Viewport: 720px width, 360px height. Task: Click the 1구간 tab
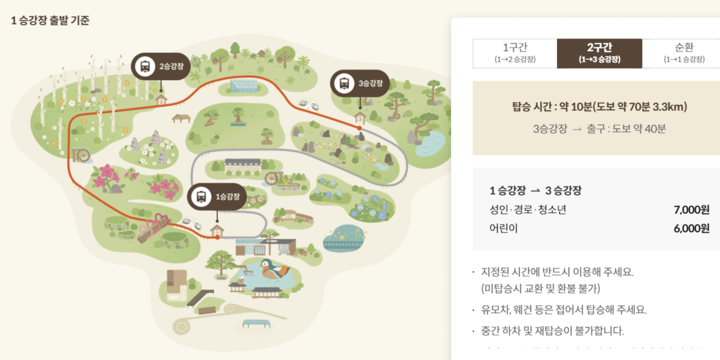pos(514,53)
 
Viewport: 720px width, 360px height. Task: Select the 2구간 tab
pos(599,53)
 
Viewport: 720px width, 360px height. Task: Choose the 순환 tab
pos(684,53)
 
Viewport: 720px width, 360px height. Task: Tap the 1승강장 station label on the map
pos(217,197)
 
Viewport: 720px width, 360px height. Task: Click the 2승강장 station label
pos(161,67)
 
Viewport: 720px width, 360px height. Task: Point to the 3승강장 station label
pos(360,83)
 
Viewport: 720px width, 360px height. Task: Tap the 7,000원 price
pos(692,210)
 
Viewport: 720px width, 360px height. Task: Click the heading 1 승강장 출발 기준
pos(50,21)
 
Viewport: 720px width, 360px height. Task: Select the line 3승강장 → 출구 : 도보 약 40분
pos(599,129)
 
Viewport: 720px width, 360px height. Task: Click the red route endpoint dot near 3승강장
pos(360,128)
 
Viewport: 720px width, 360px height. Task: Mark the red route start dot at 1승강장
pos(217,237)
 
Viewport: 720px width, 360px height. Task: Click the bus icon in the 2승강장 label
pos(145,66)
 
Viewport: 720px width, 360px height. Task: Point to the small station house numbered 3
pos(360,118)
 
